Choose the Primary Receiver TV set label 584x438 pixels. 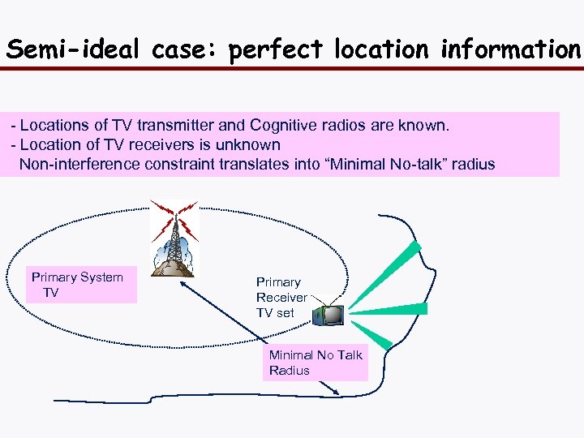coord(281,297)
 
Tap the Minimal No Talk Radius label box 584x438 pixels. coord(316,363)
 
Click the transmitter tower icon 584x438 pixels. coord(174,239)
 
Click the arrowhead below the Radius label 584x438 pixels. coord(334,392)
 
